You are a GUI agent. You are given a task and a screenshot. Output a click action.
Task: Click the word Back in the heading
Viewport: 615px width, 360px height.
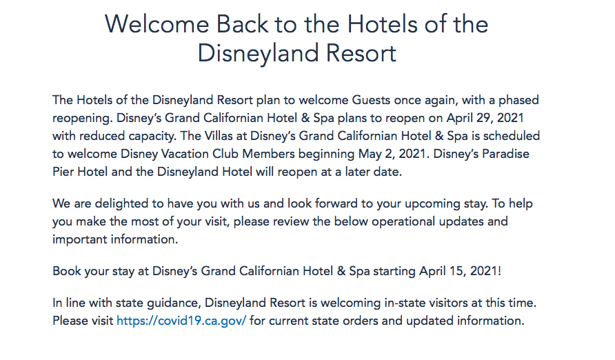pos(242,24)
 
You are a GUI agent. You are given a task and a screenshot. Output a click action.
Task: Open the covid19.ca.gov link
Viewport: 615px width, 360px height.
pos(181,321)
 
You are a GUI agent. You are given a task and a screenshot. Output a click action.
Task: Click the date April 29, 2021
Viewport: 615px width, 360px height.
pos(485,118)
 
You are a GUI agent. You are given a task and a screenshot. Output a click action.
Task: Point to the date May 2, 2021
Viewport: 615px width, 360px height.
pos(392,154)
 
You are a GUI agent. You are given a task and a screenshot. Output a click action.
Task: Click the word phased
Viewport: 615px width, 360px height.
pos(518,101)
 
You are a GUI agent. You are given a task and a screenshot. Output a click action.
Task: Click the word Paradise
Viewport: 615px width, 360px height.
pos(505,154)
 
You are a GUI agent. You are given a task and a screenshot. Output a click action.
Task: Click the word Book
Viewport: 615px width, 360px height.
pos(67,271)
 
